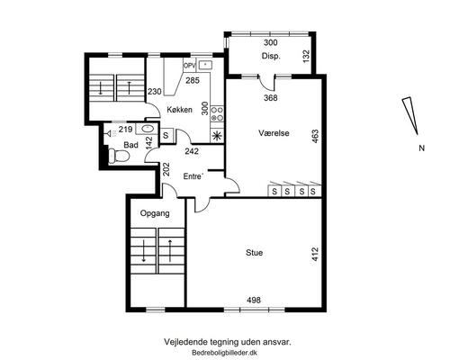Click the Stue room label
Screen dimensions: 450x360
click(x=254, y=253)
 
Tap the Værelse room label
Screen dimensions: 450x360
click(x=274, y=133)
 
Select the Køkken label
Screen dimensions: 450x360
click(x=179, y=110)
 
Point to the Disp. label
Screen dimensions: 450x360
click(x=271, y=56)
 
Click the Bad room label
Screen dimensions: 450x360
click(x=130, y=145)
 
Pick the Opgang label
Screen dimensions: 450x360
click(x=155, y=213)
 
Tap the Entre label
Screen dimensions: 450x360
click(x=193, y=176)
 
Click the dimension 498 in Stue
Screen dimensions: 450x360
click(x=254, y=300)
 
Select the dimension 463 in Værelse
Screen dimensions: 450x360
click(x=315, y=136)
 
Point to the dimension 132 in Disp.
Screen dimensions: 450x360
click(x=306, y=57)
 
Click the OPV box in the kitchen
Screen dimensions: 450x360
click(x=190, y=66)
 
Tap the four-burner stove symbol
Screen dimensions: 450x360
click(x=217, y=113)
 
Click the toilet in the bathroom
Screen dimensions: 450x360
click(x=119, y=156)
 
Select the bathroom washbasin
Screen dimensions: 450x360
click(x=147, y=129)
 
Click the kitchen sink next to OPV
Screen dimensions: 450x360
click(x=205, y=65)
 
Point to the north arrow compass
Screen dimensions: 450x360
click(x=410, y=115)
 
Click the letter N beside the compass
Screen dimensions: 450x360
click(x=422, y=148)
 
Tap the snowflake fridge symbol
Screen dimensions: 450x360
click(x=217, y=136)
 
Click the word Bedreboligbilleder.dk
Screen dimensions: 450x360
click(x=225, y=353)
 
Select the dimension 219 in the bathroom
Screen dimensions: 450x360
click(x=125, y=130)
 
